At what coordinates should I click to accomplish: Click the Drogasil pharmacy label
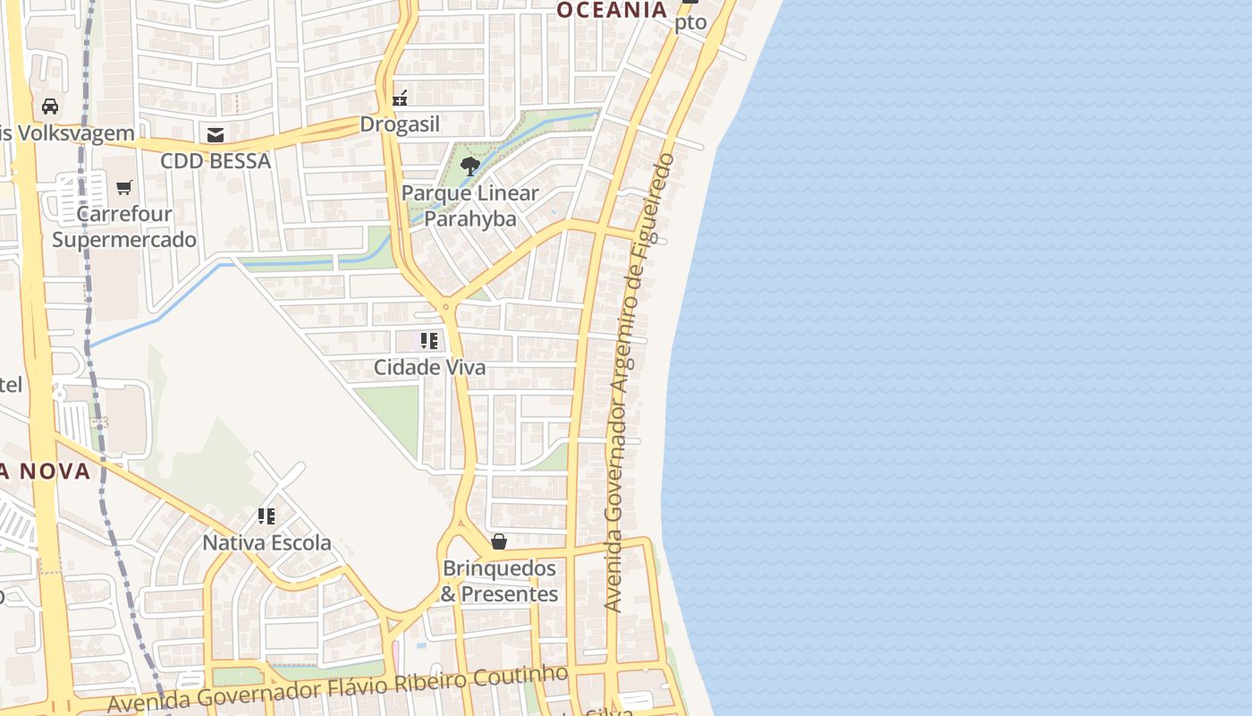tap(400, 124)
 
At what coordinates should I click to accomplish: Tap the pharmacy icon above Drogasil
tap(400, 98)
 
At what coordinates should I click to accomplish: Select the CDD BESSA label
tap(216, 161)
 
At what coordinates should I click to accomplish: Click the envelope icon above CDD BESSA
tap(216, 135)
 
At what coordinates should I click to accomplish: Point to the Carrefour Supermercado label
tap(124, 227)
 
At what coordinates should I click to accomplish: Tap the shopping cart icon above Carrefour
tap(124, 188)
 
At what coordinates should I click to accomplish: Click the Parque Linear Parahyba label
tap(469, 206)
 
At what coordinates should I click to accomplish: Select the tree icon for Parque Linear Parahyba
tap(469, 166)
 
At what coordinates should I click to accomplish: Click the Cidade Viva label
tap(429, 367)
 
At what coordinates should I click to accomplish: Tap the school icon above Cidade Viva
tap(429, 341)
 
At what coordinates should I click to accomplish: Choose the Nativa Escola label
tap(266, 542)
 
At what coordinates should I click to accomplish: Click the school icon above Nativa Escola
tap(266, 516)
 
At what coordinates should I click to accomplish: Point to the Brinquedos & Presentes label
tap(499, 581)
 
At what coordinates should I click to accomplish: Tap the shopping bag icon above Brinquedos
tap(499, 541)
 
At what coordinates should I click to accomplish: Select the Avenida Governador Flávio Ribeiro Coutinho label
tap(338, 689)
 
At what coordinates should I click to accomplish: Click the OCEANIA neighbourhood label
tap(613, 10)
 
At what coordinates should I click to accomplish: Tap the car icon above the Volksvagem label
tap(50, 107)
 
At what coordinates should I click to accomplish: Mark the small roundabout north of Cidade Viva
tap(444, 307)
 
